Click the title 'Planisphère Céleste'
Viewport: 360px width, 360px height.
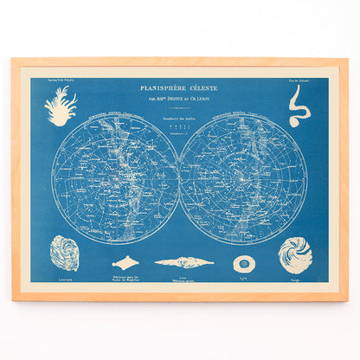pos(179,87)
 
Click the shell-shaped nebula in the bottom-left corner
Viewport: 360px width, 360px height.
pos(64,253)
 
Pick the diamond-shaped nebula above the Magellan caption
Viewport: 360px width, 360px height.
pos(128,262)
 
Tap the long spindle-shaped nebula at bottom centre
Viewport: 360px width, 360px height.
pos(183,262)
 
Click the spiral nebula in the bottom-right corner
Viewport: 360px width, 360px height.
pos(295,254)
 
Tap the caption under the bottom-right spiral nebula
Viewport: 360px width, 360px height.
pos(295,280)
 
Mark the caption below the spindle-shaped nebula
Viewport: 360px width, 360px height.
pos(183,280)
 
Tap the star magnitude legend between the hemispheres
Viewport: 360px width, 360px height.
pos(179,130)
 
